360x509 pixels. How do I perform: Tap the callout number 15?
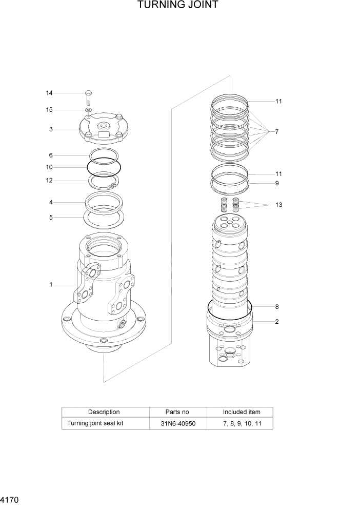[49, 110]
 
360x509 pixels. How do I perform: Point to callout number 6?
[51, 155]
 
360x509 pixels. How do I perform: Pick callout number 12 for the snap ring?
[49, 180]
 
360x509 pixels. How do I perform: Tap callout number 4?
[51, 202]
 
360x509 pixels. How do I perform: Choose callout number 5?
[51, 217]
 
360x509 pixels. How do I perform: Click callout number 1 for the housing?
[51, 285]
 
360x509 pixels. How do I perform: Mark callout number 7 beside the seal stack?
[276, 132]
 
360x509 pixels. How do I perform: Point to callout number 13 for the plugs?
[278, 205]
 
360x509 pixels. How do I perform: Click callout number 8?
[276, 307]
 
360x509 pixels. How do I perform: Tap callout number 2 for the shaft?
[276, 322]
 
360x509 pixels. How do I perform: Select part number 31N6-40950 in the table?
[177, 423]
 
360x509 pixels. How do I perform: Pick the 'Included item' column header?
[241, 412]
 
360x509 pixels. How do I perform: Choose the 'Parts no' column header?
[177, 412]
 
